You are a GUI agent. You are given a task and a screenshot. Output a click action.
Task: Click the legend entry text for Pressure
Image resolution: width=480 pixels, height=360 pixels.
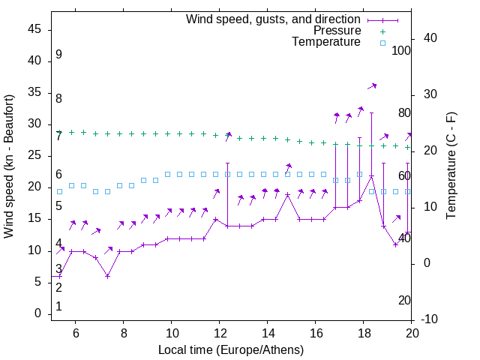point(337,31)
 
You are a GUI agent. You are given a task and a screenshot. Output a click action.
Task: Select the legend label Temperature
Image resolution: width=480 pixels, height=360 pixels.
point(326,42)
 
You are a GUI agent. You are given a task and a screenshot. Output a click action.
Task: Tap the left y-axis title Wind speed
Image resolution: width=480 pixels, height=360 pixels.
point(9,166)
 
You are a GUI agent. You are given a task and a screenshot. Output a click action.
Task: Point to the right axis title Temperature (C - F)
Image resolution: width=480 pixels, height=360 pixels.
point(451,166)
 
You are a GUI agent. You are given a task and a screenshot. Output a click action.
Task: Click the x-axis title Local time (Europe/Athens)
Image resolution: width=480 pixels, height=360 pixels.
point(231,350)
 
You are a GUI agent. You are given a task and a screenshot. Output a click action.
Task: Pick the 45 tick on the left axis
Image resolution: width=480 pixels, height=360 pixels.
point(34,29)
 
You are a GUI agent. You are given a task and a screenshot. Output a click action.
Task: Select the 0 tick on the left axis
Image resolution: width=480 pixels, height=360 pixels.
point(38,313)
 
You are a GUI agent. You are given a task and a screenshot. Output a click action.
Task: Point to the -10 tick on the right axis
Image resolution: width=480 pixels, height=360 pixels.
point(429,319)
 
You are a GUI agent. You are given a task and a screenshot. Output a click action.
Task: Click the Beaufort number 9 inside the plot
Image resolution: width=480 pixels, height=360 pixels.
point(58,55)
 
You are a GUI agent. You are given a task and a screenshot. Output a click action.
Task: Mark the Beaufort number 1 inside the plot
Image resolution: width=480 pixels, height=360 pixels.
point(58,307)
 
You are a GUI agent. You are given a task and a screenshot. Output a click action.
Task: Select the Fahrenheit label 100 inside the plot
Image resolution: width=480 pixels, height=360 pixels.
point(401,50)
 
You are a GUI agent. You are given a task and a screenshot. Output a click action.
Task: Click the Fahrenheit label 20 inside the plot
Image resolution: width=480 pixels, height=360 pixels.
point(404,300)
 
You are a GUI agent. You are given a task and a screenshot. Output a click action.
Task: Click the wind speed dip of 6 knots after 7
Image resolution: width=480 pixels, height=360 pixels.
point(108,276)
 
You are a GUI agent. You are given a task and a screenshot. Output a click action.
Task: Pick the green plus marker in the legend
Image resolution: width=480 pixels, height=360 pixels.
point(382,31)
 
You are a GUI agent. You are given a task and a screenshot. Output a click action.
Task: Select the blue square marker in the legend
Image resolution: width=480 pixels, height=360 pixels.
point(382,43)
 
